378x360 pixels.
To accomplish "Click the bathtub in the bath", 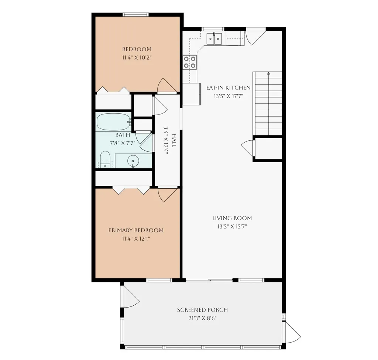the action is pos(114,122).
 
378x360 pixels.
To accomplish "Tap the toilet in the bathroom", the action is pos(105,160).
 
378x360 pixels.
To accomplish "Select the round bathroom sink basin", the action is pos(133,161).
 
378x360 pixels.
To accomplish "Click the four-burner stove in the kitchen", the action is pos(190,62).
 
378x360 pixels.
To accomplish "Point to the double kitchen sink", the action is pos(214,38).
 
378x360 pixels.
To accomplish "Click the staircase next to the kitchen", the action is pos(267,103).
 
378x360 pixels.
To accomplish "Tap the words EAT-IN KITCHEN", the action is pos(228,88).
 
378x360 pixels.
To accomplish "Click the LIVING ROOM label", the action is pos(232,218).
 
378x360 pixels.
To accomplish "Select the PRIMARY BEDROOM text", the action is pos(136,230).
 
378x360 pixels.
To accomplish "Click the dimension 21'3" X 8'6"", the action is pos(203,318).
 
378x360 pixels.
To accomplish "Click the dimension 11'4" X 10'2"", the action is pos(137,58).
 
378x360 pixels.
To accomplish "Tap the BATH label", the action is pos(123,135).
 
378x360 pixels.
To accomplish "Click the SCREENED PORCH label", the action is pos(203,310).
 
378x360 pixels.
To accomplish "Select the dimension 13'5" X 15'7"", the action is pos(232,227).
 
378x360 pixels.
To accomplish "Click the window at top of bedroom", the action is pos(135,15).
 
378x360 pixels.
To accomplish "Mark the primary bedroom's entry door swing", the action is pos(167,194).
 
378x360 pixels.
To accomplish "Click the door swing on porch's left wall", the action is pos(131,296).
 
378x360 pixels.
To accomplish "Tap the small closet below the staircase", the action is pos(268,148).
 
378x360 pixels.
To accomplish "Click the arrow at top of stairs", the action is pos(269,73).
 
